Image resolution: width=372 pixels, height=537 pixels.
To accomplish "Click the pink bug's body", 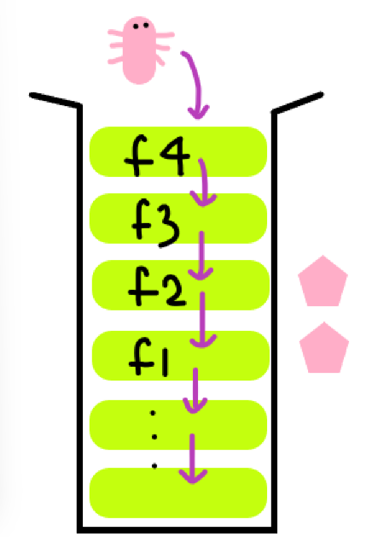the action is (139, 50).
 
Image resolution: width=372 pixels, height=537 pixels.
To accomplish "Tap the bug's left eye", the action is (136, 26).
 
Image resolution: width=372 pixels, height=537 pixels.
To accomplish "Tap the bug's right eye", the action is (146, 26).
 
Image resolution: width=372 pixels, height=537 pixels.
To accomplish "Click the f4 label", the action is (157, 156).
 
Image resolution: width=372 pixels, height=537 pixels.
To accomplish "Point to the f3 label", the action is (156, 222).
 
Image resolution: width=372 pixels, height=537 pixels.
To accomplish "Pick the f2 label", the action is (158, 287).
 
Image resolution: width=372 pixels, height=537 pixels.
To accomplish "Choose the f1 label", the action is (149, 357).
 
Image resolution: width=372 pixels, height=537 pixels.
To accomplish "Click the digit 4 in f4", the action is (175, 156).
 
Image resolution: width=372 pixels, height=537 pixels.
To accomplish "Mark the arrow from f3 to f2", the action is (201, 256).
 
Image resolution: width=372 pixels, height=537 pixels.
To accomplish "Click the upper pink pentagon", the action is (323, 281).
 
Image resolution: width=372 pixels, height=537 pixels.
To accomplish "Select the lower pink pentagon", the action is (324, 348).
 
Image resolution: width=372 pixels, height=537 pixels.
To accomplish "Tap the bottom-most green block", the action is (178, 493).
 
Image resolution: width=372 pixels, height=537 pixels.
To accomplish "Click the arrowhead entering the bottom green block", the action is (193, 477).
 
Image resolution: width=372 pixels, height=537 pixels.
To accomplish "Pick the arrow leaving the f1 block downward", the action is (195, 391).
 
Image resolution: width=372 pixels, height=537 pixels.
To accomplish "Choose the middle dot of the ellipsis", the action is (154, 437).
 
